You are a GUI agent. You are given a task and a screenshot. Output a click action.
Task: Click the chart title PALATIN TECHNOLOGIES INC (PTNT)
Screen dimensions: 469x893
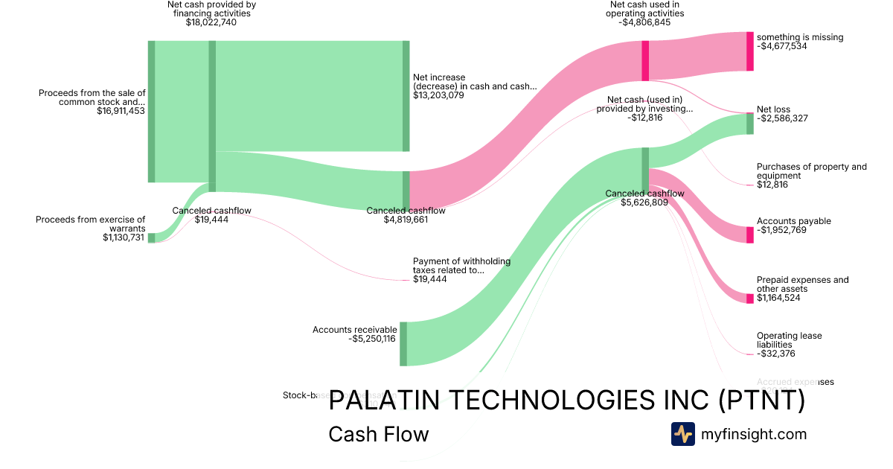click(566, 401)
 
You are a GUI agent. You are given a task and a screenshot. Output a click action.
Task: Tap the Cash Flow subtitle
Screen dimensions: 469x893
click(378, 434)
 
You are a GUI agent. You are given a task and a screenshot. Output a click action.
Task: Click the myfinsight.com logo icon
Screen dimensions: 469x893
click(682, 434)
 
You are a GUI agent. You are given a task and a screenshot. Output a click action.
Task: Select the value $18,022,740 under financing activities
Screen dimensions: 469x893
click(211, 22)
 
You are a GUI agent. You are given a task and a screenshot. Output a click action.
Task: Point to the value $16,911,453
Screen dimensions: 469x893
click(121, 111)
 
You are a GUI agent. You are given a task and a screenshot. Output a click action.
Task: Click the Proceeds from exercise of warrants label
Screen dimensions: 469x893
click(91, 224)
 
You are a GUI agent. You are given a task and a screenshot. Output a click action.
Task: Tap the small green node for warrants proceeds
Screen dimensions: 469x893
click(151, 237)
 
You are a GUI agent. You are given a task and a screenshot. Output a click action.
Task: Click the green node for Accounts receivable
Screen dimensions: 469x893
click(403, 344)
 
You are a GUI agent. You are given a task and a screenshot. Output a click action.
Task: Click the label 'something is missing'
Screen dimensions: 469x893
click(800, 36)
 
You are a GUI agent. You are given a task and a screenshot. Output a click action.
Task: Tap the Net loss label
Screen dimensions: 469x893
click(773, 109)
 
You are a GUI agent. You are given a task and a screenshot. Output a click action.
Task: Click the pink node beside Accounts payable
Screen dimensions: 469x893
click(750, 234)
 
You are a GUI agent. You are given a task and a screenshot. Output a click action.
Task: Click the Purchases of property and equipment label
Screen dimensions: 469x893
click(811, 171)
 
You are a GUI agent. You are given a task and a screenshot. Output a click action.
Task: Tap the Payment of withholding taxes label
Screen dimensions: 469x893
click(448, 266)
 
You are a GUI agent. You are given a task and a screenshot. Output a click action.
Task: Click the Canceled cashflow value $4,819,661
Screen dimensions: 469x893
click(406, 220)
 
